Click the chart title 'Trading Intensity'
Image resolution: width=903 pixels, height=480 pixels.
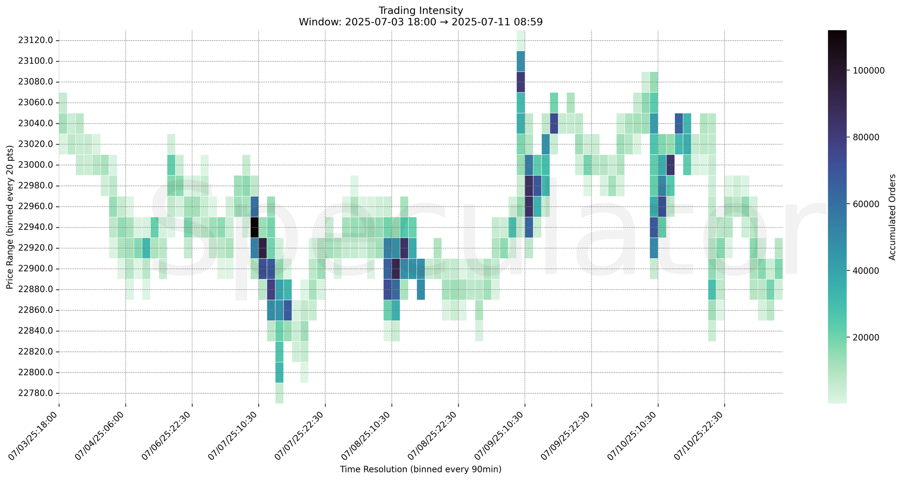pyautogui.click(x=421, y=10)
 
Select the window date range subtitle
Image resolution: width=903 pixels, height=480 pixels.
pyautogui.click(x=421, y=21)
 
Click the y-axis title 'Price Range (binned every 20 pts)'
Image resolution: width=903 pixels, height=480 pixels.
pyautogui.click(x=10, y=217)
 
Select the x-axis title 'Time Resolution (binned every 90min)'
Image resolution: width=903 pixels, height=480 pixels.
pyautogui.click(x=421, y=469)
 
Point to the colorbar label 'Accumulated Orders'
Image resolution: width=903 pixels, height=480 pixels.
pyautogui.click(x=892, y=217)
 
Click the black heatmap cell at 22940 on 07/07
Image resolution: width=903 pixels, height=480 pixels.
pyautogui.click(x=254, y=227)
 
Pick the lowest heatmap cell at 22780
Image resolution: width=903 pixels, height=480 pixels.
pyautogui.click(x=279, y=393)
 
